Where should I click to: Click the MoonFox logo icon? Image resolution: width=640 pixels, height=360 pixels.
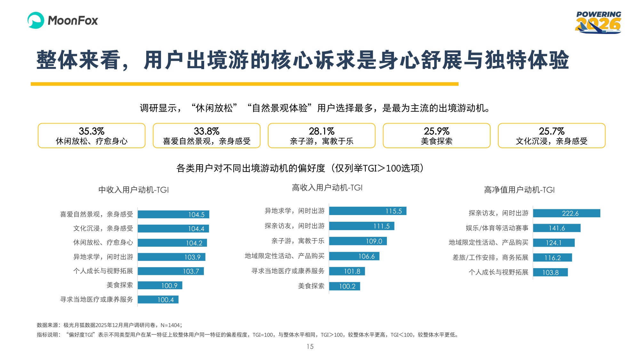click(36, 20)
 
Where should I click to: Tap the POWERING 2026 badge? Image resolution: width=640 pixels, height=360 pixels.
click(598, 23)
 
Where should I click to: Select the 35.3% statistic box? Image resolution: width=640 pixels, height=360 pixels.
click(92, 136)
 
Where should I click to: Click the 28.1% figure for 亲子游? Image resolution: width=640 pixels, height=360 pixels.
click(321, 131)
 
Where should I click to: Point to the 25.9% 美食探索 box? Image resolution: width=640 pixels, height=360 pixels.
click(436, 136)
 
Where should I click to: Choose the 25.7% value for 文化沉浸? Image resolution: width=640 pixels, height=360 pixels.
click(551, 131)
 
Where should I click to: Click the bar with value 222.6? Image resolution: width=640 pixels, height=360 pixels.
click(566, 213)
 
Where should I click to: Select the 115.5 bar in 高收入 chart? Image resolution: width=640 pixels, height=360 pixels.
click(368, 211)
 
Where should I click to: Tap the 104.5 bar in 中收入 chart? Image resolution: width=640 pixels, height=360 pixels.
click(173, 214)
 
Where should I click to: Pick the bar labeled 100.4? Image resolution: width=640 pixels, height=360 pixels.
click(158, 300)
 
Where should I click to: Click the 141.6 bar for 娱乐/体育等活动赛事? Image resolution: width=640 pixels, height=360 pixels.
click(556, 228)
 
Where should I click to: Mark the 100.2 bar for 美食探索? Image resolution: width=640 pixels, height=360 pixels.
click(345, 286)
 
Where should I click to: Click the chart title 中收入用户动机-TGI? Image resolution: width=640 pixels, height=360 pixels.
click(133, 190)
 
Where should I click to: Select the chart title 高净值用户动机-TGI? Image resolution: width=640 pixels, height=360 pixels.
click(519, 190)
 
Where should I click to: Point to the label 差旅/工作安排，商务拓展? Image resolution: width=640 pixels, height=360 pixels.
click(490, 258)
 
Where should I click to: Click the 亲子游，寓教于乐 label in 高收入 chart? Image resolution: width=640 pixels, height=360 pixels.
click(298, 241)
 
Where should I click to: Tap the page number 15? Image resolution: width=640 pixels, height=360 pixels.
click(310, 347)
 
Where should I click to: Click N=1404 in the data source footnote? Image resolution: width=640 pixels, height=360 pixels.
click(170, 325)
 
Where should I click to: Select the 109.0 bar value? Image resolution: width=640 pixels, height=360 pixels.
click(374, 241)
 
